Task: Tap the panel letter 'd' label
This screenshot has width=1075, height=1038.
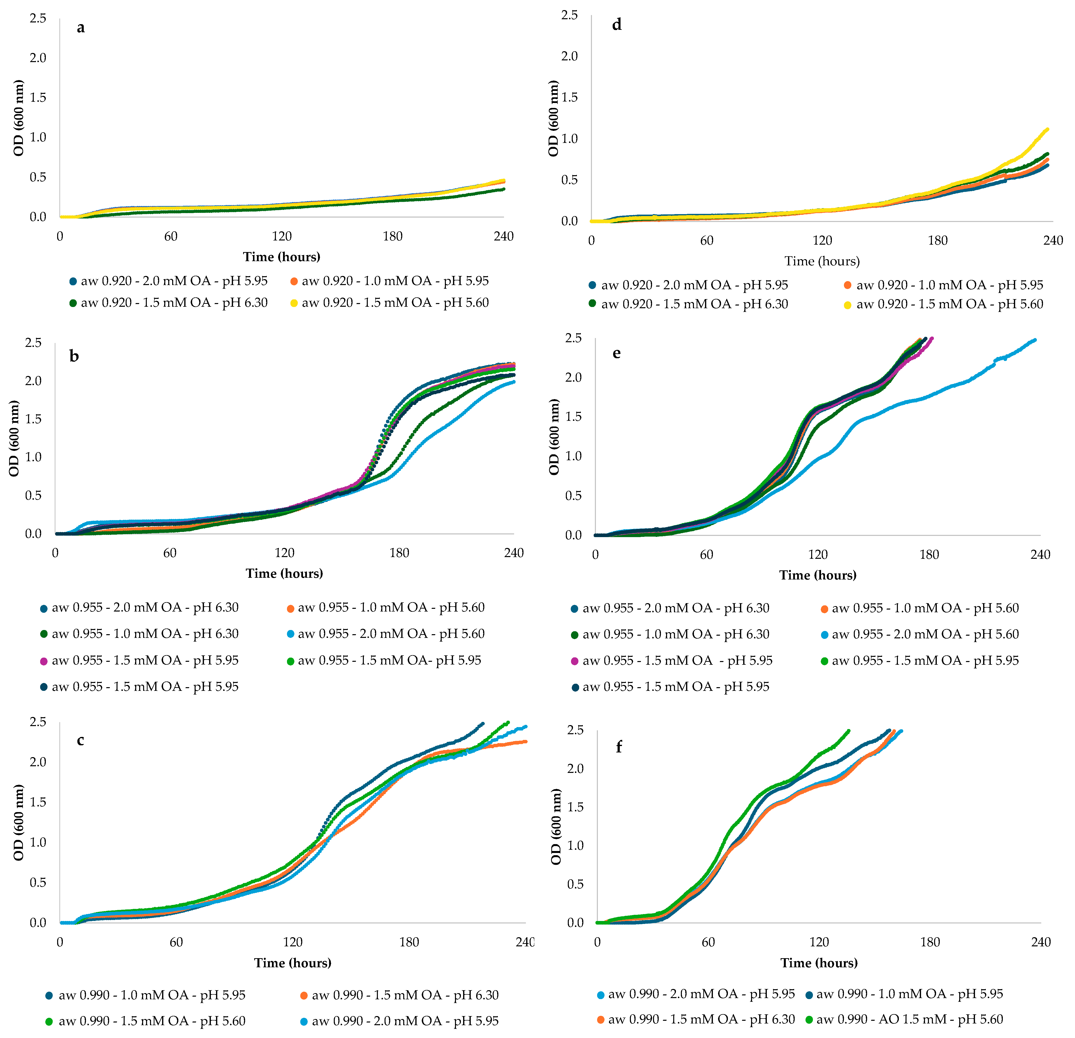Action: point(617,25)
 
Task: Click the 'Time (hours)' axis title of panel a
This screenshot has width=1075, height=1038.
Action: point(281,257)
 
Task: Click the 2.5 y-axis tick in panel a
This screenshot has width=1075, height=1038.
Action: point(38,18)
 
